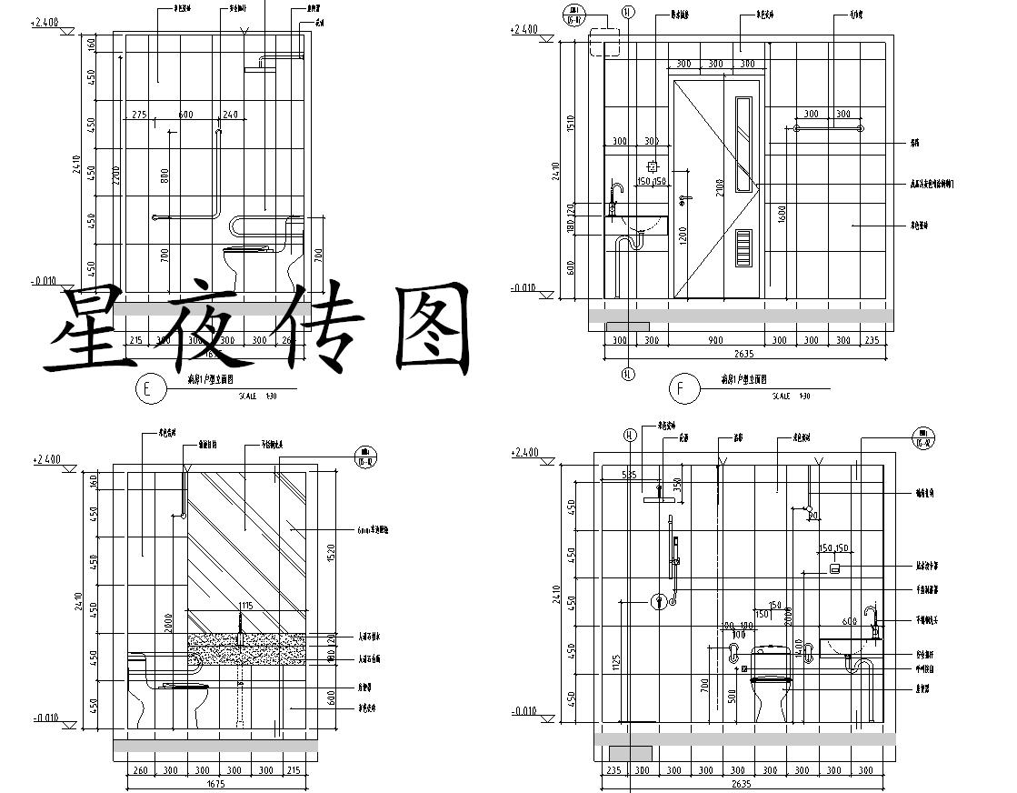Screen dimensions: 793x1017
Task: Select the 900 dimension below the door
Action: (715, 341)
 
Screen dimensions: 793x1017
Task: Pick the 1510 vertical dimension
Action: (571, 124)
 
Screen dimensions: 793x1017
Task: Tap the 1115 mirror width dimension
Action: (245, 606)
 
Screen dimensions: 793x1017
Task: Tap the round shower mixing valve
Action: (657, 601)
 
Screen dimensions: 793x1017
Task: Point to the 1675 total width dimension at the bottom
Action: (216, 783)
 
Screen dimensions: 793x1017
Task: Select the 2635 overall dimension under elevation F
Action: (744, 354)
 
